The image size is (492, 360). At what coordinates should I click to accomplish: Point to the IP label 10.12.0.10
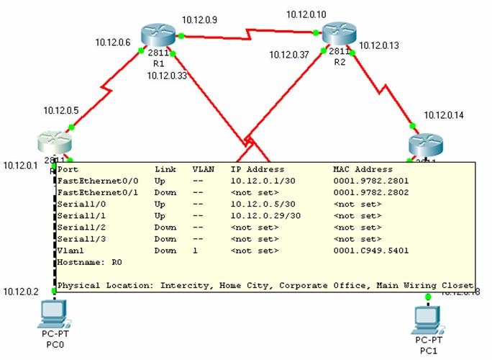click(x=306, y=14)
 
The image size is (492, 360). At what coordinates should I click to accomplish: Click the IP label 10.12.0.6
click(x=113, y=43)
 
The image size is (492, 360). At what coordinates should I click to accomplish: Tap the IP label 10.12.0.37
click(x=290, y=55)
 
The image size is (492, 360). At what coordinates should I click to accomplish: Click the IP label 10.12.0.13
click(x=379, y=45)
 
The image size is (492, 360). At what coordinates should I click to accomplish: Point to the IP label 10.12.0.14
click(x=445, y=115)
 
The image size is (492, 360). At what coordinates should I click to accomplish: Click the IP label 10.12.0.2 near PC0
click(x=20, y=292)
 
